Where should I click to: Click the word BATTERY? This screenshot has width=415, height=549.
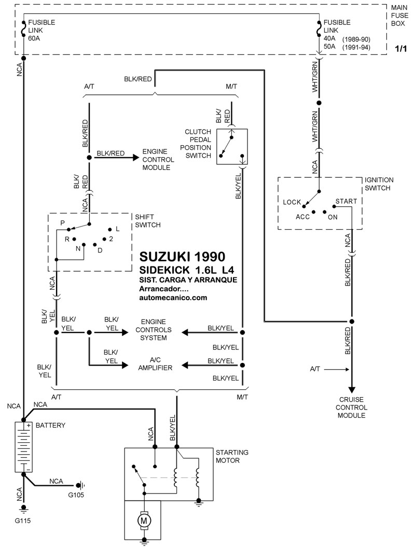pos(50,425)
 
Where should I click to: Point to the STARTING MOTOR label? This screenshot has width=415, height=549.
pos(231,456)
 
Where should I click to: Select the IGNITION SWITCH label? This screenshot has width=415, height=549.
pos(379,184)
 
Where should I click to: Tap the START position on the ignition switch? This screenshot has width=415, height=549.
pos(345,201)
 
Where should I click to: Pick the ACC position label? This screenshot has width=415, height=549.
pos(302,217)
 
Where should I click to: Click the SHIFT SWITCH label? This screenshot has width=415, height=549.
pos(147,221)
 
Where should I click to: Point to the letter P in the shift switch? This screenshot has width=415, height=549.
pos(63,222)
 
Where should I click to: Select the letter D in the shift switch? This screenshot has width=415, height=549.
pos(100,250)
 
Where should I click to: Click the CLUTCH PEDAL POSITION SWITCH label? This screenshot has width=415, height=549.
pos(198,144)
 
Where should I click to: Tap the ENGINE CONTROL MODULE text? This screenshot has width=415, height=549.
pos(157,161)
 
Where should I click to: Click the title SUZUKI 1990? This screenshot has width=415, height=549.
pos(183,256)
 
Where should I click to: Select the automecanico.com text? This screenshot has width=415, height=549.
pos(173,298)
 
